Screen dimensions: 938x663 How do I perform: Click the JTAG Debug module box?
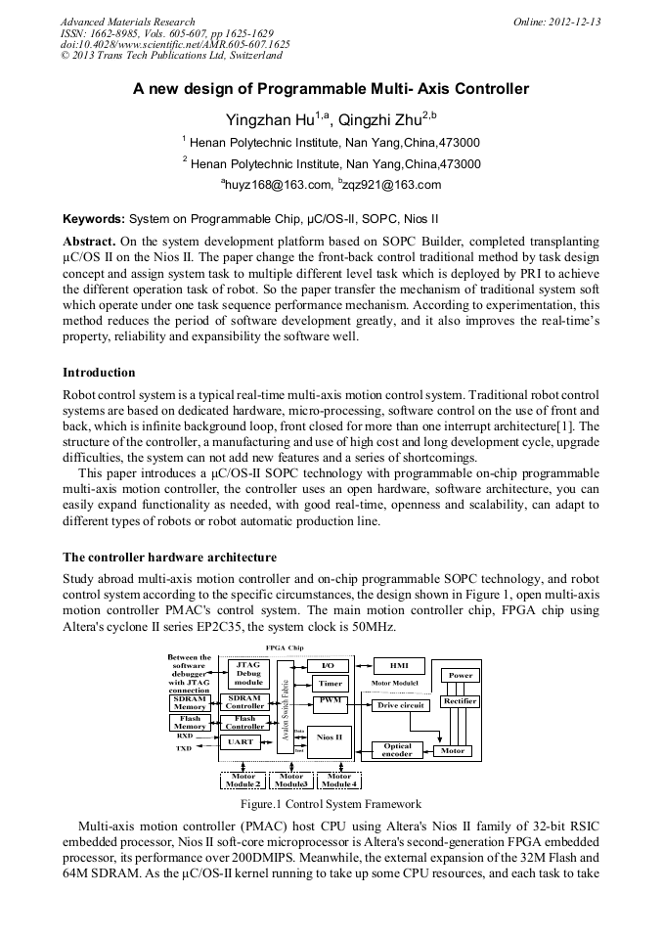click(x=248, y=673)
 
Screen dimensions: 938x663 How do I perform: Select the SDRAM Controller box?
click(x=244, y=702)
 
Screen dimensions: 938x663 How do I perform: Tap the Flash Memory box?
click(x=190, y=723)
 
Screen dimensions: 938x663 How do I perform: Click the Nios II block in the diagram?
click(x=330, y=737)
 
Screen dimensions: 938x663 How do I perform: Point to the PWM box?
click(x=330, y=701)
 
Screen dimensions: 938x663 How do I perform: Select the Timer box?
click(x=330, y=684)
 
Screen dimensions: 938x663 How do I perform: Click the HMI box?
click(x=398, y=665)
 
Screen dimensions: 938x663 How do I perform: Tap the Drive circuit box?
click(x=399, y=704)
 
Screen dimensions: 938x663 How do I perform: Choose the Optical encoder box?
click(x=398, y=750)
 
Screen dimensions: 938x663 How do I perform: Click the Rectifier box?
click(x=460, y=701)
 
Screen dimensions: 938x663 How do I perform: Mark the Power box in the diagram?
click(x=460, y=675)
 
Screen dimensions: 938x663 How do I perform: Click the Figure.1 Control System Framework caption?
click(x=331, y=804)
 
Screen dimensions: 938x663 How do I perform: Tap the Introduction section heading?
click(x=99, y=373)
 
